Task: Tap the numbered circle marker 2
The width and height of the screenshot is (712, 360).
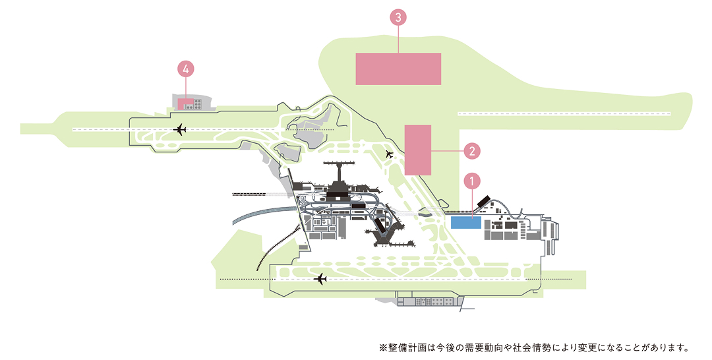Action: [x=471, y=151]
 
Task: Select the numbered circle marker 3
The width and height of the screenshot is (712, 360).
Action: [x=398, y=18]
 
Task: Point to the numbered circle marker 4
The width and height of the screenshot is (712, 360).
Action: [x=187, y=68]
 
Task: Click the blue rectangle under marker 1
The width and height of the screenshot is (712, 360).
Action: [x=466, y=222]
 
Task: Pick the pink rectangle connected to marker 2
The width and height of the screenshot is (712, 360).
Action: [x=417, y=150]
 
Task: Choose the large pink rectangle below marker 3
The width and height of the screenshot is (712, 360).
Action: [x=398, y=69]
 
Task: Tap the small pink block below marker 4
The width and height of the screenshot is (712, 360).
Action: [x=185, y=104]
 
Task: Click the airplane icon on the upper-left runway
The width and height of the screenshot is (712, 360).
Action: [x=179, y=129]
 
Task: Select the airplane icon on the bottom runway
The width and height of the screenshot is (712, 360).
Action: [x=321, y=279]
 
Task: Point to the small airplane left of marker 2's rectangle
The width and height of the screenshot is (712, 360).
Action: [x=389, y=154]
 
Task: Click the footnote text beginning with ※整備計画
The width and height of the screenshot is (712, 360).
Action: [x=533, y=347]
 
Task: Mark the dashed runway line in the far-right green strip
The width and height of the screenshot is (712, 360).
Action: [x=564, y=114]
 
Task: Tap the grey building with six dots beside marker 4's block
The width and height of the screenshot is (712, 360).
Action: [x=198, y=104]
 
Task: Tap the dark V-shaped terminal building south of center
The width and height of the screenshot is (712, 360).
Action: [x=383, y=231]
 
